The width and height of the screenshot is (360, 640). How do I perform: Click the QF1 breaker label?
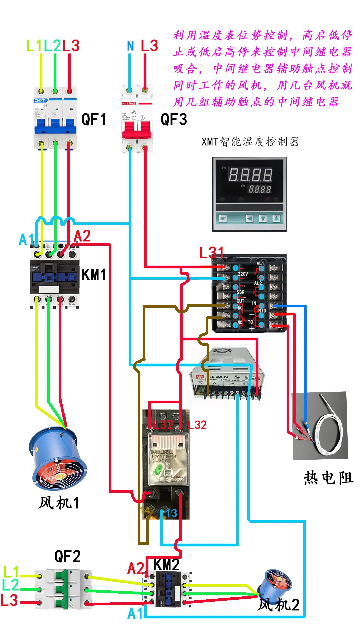[94, 119]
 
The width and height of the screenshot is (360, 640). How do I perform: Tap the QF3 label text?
[174, 119]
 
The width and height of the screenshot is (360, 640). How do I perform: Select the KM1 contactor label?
[94, 275]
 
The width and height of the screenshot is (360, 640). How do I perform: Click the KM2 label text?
[166, 565]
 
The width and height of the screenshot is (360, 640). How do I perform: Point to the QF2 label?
[67, 556]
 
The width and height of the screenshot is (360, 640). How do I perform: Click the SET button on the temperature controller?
[223, 218]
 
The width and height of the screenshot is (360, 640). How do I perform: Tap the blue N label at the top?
[130, 46]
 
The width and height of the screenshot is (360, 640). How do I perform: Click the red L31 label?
[211, 253]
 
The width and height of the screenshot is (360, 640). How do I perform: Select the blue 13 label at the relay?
[171, 513]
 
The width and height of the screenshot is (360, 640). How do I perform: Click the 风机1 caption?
[59, 503]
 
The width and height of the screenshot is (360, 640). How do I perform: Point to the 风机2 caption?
[279, 604]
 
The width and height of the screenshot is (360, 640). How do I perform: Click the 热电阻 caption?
[328, 478]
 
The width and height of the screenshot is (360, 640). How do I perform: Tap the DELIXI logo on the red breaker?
[129, 103]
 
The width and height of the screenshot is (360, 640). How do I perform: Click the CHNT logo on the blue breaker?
[40, 100]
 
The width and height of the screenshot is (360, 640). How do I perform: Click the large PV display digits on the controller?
[250, 175]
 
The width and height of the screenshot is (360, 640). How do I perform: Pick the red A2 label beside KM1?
[82, 236]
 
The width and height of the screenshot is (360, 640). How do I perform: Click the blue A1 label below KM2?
[135, 613]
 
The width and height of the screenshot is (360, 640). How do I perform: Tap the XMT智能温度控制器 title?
[250, 142]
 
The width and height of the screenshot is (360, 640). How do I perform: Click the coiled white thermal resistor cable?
[330, 430]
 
